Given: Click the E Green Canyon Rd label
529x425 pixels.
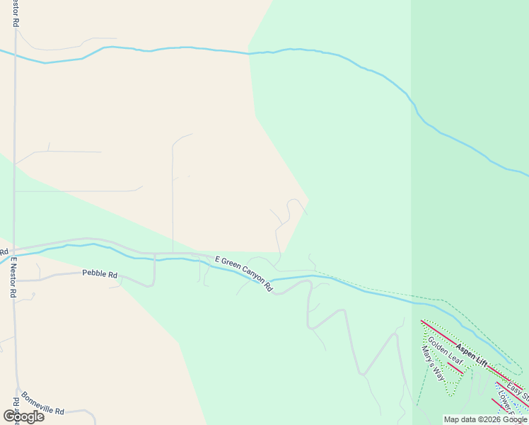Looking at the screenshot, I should [x=244, y=273].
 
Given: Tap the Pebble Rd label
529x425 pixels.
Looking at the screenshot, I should [x=100, y=273].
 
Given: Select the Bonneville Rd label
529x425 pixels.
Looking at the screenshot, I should [x=42, y=404].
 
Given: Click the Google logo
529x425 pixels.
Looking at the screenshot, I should [x=23, y=416].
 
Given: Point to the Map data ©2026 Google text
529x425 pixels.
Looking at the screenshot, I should [x=485, y=419].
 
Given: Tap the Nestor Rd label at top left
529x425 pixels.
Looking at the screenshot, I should [x=15, y=13].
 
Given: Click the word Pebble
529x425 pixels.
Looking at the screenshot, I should [x=93, y=273].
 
